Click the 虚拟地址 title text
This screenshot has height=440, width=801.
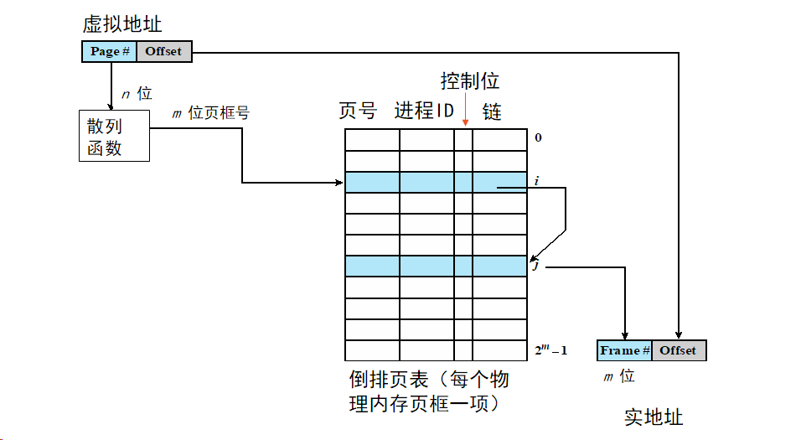point(122,23)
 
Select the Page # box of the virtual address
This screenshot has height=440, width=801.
point(109,51)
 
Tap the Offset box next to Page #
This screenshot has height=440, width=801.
point(163,51)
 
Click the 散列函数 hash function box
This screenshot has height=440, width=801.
point(114,136)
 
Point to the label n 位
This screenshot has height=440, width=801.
point(137,94)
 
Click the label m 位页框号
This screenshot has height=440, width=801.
point(210,113)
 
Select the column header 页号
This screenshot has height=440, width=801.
point(358,111)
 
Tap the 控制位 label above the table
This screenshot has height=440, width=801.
point(470,80)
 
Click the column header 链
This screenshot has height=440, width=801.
point(492,111)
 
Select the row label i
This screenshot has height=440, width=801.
point(536,180)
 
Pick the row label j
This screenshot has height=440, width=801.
point(535,267)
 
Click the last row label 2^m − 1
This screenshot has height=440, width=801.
point(550,349)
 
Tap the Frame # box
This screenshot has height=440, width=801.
point(624,350)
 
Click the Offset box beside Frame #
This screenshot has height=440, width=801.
point(678,350)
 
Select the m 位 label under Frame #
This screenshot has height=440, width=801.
point(619,377)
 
